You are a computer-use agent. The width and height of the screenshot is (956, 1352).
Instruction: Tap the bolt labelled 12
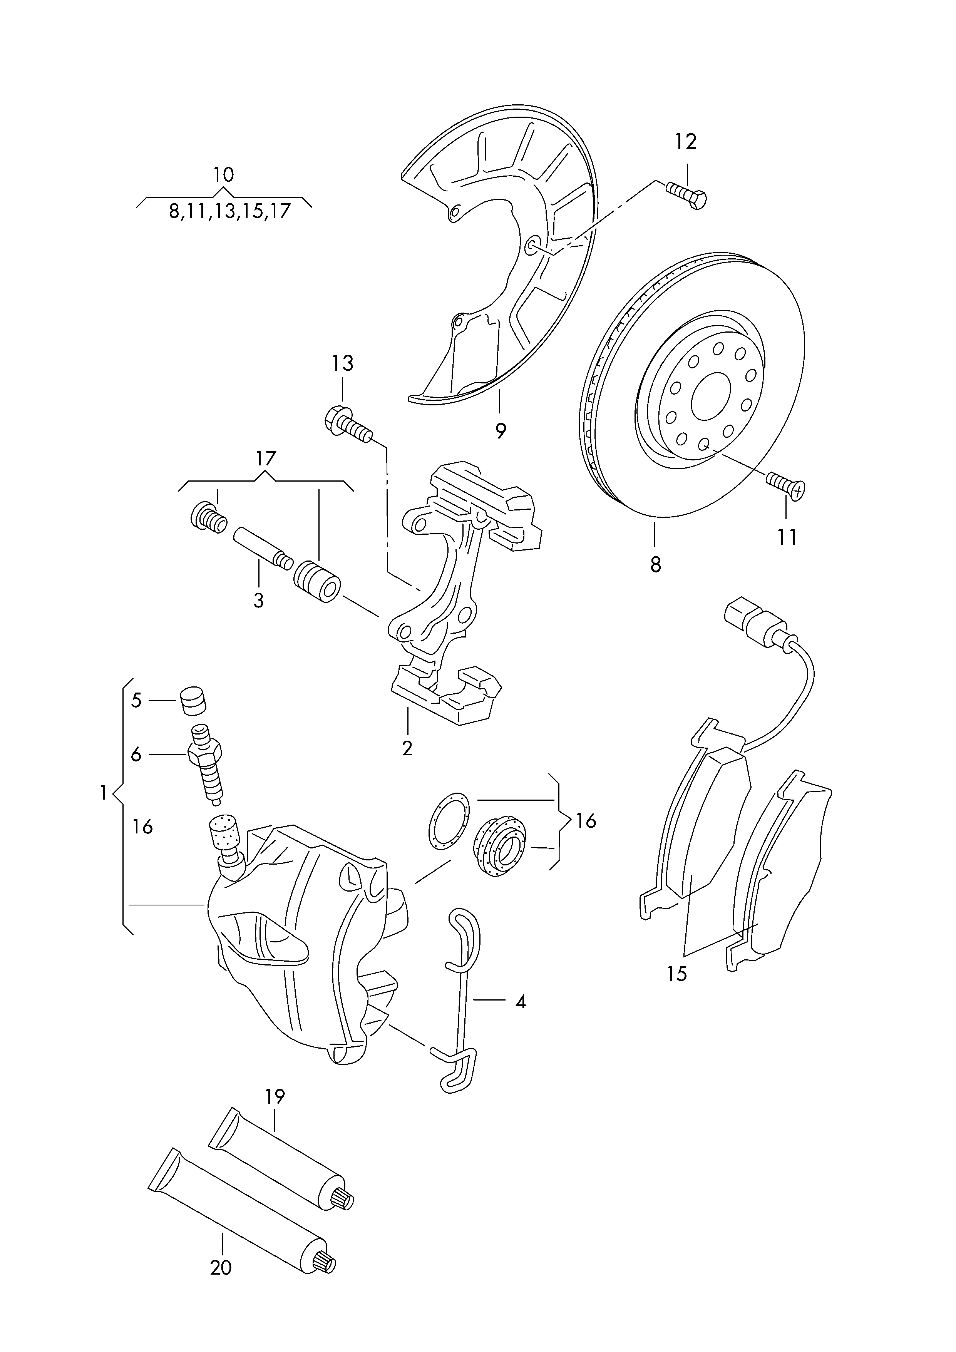pyautogui.click(x=687, y=196)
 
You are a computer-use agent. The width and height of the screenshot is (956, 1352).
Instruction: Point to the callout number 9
pyautogui.click(x=500, y=432)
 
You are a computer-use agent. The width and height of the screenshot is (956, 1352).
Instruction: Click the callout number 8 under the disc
pyautogui.click(x=656, y=564)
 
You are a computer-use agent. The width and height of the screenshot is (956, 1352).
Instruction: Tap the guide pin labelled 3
pyautogui.click(x=262, y=548)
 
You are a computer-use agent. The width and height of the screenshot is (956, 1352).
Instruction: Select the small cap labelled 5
pyautogui.click(x=195, y=701)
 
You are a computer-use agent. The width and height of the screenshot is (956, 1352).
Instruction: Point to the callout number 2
pyautogui.click(x=407, y=748)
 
